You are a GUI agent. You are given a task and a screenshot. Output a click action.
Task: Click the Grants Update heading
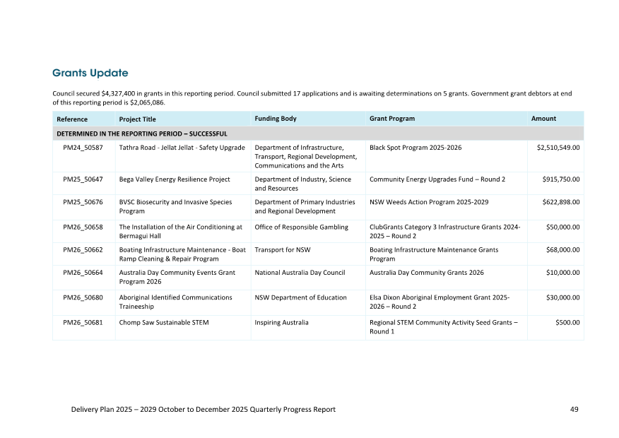click(x=90, y=73)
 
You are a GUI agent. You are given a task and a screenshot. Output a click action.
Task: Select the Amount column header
click(x=543, y=119)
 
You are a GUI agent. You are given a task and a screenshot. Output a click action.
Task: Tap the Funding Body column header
click(x=276, y=119)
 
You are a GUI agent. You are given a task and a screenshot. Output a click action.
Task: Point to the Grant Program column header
click(x=392, y=119)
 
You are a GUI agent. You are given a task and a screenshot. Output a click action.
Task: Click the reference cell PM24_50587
click(x=83, y=148)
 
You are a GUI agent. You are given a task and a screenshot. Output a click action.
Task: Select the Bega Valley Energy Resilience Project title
click(x=175, y=179)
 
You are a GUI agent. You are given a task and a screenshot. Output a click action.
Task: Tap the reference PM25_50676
click(x=83, y=202)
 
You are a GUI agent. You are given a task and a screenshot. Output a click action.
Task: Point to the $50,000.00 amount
click(x=563, y=227)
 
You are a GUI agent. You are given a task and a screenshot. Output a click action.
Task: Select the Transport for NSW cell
click(x=283, y=250)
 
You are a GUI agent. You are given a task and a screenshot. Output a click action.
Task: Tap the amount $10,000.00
click(x=563, y=273)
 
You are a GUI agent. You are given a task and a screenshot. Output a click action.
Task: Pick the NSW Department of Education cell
click(x=300, y=298)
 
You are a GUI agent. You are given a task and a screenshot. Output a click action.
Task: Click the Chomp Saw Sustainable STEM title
click(x=164, y=323)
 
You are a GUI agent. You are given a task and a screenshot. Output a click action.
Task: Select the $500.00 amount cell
click(x=567, y=323)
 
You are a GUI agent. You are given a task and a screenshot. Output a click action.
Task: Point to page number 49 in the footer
click(x=574, y=410)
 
